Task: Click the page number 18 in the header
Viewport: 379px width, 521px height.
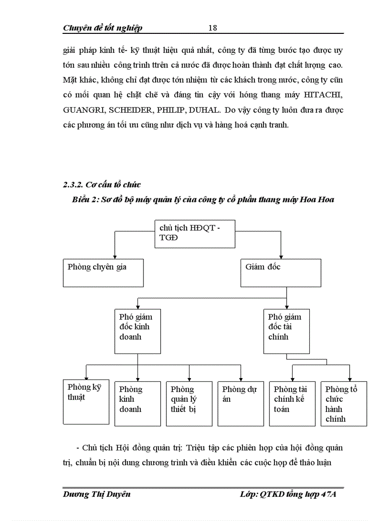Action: point(213,28)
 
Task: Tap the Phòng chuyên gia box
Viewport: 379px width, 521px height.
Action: point(103,272)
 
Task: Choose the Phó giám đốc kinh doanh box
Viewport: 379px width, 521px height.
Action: point(137,331)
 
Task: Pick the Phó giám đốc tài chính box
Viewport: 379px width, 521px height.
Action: point(287,331)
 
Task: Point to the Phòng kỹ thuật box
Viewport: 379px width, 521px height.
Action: point(86,402)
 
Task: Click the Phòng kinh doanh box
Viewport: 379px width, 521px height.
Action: point(137,403)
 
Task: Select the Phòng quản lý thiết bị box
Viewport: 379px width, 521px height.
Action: point(189,403)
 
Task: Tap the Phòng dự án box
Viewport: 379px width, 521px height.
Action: point(241,403)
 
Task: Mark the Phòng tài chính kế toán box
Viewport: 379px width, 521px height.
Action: point(292,403)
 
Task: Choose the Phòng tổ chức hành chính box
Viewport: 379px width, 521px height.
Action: point(344,403)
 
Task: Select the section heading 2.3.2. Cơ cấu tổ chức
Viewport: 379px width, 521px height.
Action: point(102,185)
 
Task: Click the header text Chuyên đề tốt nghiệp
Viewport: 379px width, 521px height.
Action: point(103,28)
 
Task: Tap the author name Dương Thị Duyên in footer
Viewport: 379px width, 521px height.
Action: point(97,494)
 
